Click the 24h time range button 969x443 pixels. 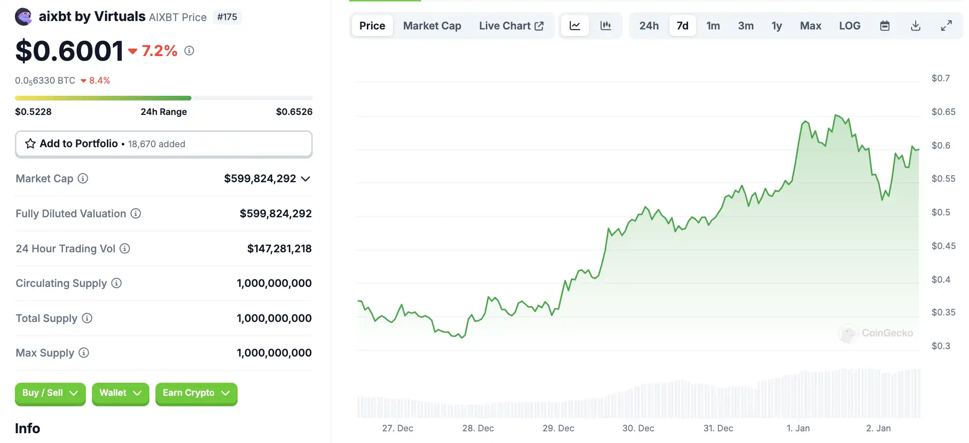point(649,26)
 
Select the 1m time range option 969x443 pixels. point(713,26)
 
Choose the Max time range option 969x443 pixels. point(810,26)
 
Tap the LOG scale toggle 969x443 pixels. point(850,26)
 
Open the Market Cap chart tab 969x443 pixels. point(432,26)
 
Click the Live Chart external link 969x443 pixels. point(511,26)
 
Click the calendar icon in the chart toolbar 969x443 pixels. point(885,26)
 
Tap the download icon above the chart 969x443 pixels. point(915,26)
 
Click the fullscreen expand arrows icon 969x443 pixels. point(946,26)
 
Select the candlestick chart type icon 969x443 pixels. point(605,26)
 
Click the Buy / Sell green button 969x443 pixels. point(50,393)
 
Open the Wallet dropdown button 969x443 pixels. point(120,393)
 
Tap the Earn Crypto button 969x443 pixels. point(196,393)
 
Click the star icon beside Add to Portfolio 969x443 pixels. point(30,143)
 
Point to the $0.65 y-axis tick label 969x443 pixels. point(943,112)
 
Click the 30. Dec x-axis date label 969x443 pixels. point(638,428)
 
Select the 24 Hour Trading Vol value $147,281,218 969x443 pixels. point(279,249)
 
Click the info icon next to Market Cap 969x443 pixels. point(83,179)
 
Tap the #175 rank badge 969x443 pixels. point(227,17)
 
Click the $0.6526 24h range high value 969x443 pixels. point(294,112)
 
